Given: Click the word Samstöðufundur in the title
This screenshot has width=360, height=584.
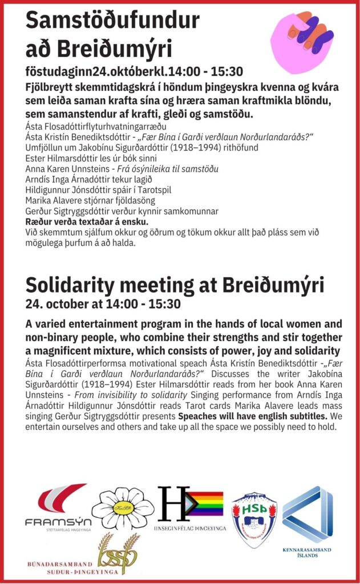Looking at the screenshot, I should pyautogui.click(x=112, y=21).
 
